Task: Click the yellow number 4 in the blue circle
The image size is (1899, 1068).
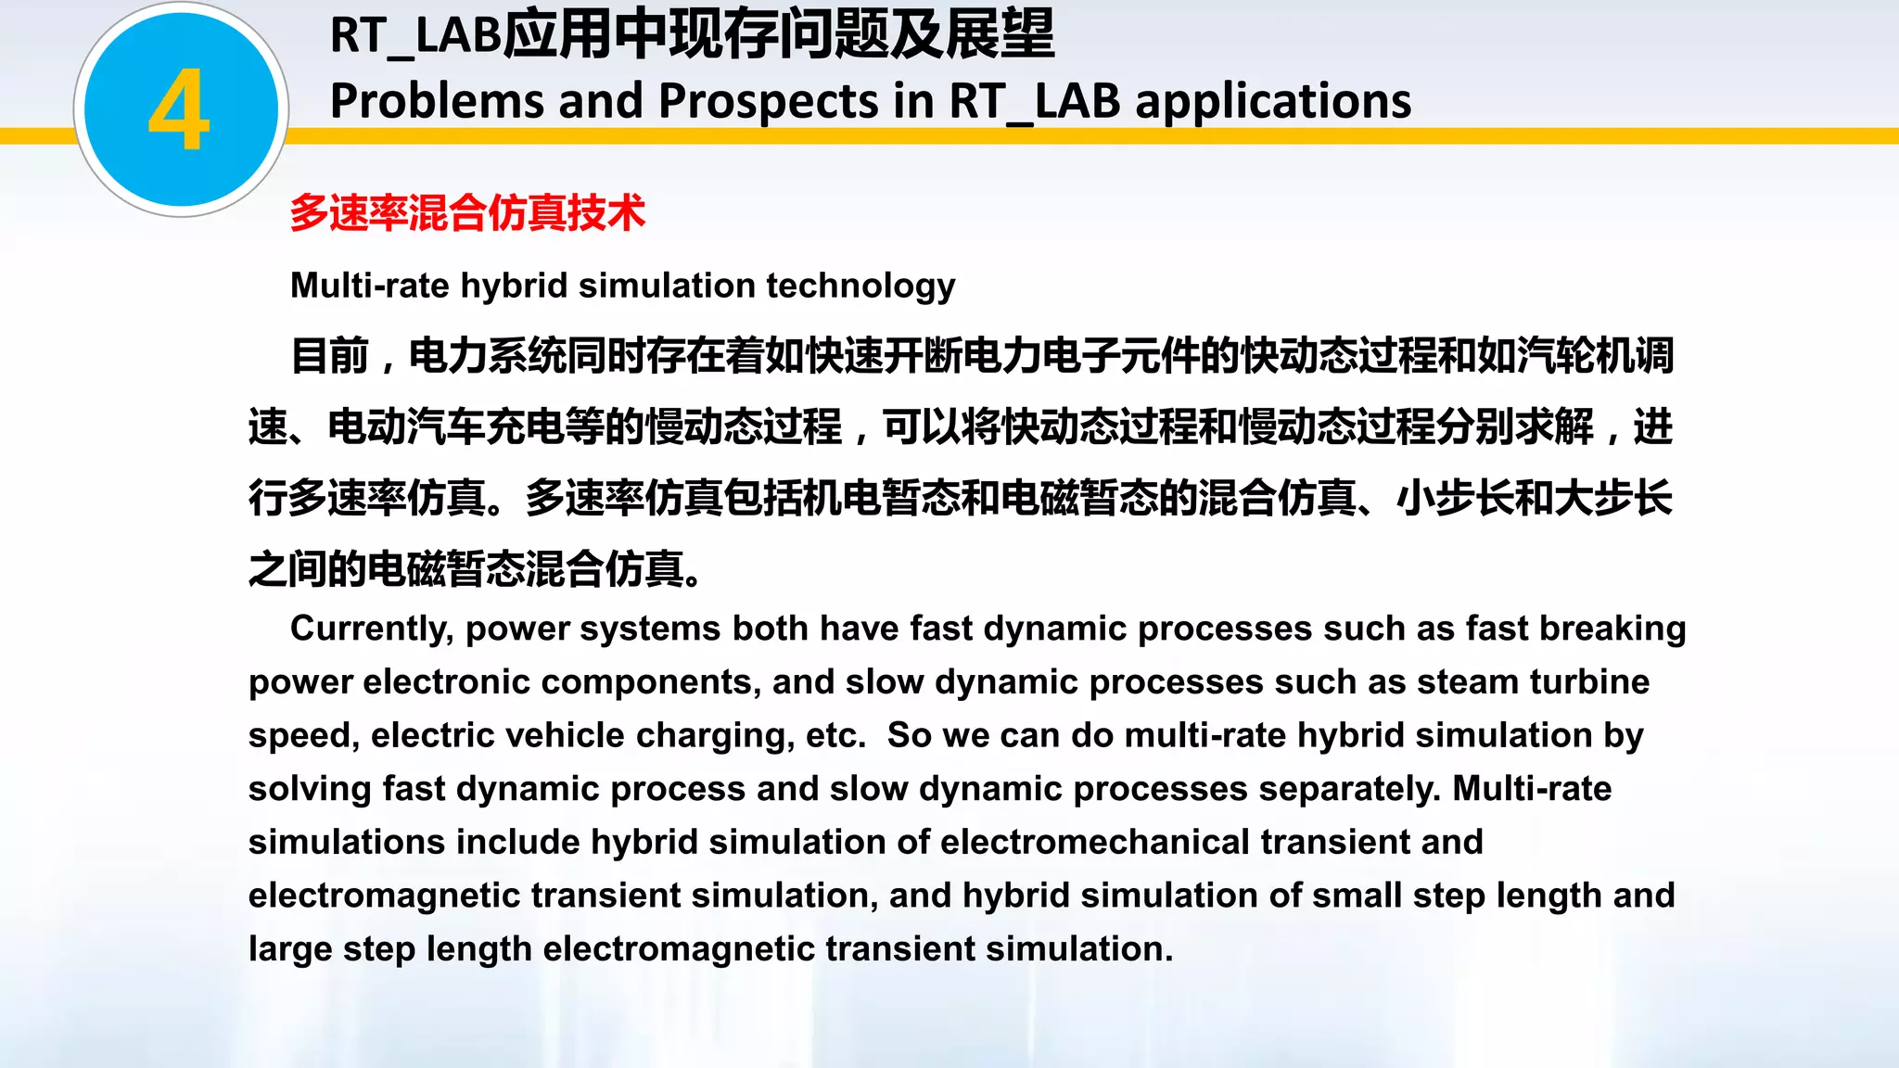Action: coord(179,110)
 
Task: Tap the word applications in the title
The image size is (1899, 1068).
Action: coord(1273,101)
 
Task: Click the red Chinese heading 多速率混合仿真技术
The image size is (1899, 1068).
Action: coord(467,213)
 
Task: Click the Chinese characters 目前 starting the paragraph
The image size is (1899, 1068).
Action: coord(330,356)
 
